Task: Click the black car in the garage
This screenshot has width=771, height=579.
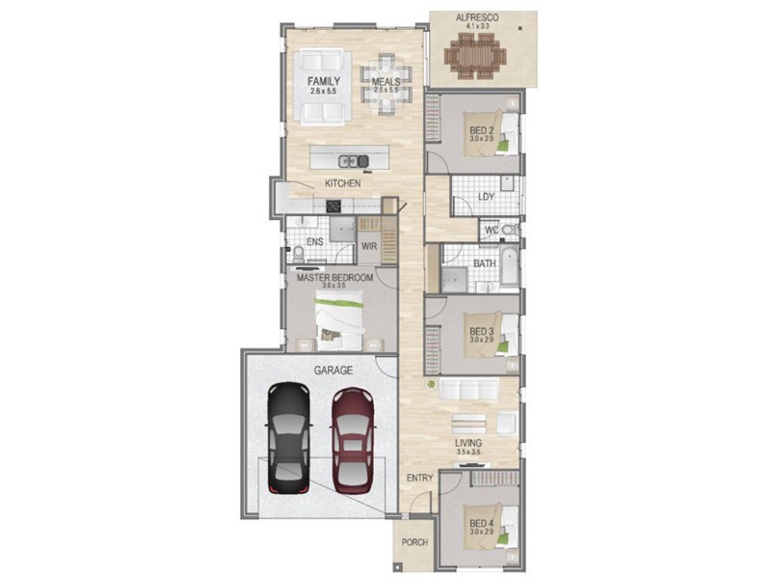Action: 288,436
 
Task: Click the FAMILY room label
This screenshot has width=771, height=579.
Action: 323,81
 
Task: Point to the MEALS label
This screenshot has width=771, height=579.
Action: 386,81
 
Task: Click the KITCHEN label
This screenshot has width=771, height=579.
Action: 342,183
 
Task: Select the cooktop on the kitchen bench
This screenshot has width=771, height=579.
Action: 334,205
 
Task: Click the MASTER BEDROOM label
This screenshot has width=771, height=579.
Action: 334,278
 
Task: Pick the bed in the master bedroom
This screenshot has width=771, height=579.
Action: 339,320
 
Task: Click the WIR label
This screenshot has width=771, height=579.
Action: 368,246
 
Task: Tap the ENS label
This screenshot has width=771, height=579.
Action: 314,242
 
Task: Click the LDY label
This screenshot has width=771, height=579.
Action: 487,198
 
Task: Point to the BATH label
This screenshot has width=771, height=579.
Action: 484,262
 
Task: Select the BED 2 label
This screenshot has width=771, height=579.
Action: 482,131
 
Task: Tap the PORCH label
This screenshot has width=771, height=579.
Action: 414,542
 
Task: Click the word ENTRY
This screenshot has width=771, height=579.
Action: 419,478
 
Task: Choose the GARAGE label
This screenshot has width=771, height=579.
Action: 332,370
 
